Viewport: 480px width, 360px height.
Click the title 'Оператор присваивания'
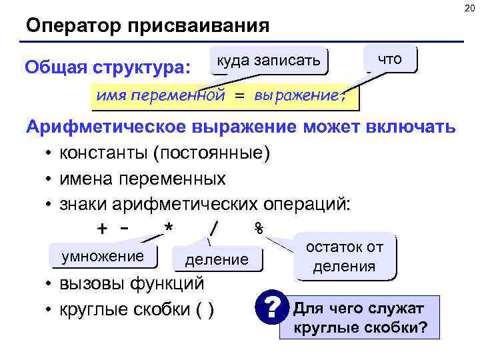pos(148,27)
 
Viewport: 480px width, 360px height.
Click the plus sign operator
pos(102,229)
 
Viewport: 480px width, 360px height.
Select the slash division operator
pos(213,229)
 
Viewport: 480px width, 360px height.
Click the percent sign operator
pos(259,229)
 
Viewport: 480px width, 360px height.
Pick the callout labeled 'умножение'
pos(103,257)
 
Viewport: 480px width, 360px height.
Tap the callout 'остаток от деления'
pos(344,257)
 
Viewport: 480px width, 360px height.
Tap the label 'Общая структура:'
pos(107,68)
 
